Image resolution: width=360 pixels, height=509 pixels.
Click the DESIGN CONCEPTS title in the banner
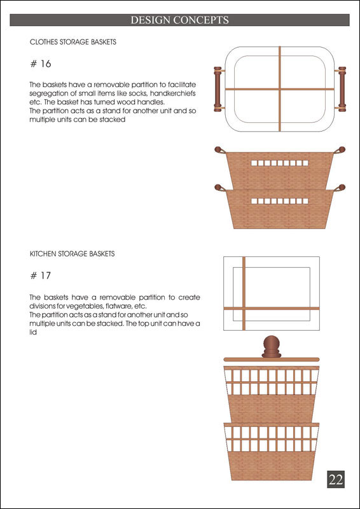pyautogui.click(x=179, y=20)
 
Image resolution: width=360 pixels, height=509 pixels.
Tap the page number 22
pyautogui.click(x=336, y=479)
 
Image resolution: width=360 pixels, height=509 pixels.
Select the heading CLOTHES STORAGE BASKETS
pyautogui.click(x=73, y=42)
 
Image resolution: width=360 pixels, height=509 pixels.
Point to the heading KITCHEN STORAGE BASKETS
pyautogui.click(x=72, y=254)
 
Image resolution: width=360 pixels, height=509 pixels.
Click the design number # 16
pyautogui.click(x=41, y=64)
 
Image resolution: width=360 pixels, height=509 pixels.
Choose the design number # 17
pyautogui.click(x=41, y=275)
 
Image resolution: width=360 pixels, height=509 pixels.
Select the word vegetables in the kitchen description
pyautogui.click(x=81, y=306)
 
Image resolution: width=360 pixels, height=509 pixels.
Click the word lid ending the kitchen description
pyautogui.click(x=33, y=333)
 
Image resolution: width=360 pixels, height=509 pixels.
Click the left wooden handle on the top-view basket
pyautogui.click(x=218, y=89)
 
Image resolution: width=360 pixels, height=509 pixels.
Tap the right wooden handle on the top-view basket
pyautogui.click(x=342, y=89)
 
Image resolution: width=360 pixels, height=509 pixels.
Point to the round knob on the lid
pyautogui.click(x=272, y=346)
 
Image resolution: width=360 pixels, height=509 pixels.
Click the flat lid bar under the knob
pyautogui.click(x=272, y=359)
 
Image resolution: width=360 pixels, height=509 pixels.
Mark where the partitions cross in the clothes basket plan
pyautogui.click(x=279, y=89)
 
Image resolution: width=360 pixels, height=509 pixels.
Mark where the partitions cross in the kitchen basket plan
pyautogui.click(x=244, y=309)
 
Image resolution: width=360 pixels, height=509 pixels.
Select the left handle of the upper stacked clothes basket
pyautogui.click(x=220, y=150)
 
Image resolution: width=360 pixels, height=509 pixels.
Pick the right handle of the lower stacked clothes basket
pyautogui.click(x=340, y=188)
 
